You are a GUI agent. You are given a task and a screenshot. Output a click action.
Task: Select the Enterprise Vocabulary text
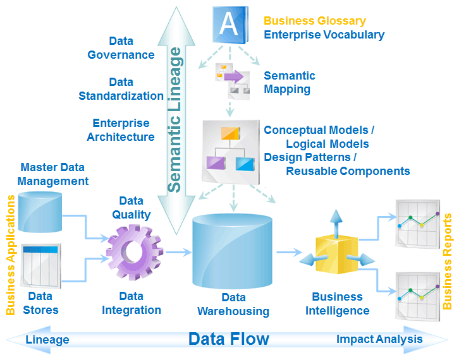[324, 35]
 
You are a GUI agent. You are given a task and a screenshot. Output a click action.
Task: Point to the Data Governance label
[121, 48]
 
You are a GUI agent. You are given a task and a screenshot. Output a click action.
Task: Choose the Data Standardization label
[121, 89]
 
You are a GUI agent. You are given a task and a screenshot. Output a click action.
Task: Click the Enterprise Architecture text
[121, 130]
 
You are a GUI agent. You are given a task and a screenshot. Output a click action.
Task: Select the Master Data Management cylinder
[40, 211]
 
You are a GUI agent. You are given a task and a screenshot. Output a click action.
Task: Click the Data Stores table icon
[41, 264]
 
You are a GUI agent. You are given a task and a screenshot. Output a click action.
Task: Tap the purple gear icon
[134, 253]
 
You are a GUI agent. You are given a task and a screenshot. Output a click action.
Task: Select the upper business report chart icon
[417, 222]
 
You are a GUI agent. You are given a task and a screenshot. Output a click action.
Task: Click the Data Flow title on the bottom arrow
[229, 339]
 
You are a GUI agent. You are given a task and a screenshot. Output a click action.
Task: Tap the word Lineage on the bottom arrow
[47, 340]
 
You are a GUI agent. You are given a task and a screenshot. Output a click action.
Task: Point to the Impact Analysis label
[379, 339]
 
